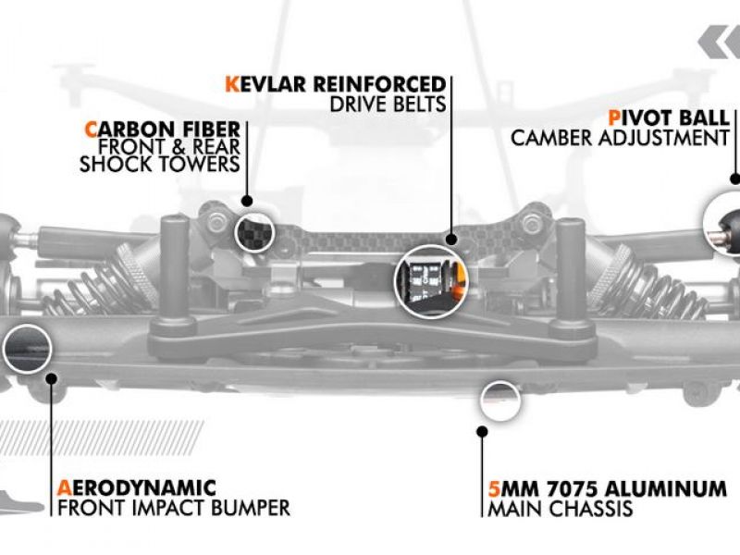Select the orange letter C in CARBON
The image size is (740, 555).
(91, 128)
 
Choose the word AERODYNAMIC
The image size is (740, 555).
(136, 487)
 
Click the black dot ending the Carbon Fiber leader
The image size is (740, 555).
(247, 200)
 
